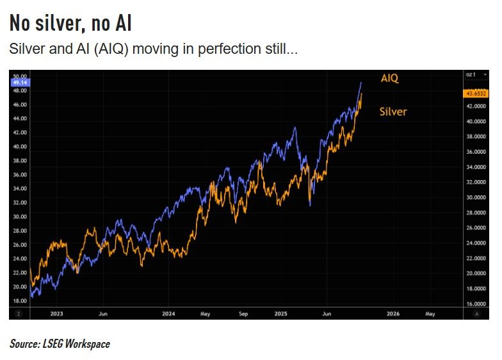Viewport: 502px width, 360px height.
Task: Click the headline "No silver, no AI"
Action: (x=70, y=24)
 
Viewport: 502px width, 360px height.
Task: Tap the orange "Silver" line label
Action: (x=393, y=111)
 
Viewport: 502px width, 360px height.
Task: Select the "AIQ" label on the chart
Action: (x=390, y=78)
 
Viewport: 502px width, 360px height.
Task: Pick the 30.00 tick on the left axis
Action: (x=19, y=217)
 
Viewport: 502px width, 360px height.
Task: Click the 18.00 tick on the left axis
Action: (x=19, y=300)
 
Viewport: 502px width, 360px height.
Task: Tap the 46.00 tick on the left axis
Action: (x=19, y=104)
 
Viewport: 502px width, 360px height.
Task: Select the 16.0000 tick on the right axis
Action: (x=474, y=304)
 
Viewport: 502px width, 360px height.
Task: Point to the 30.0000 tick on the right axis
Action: (x=474, y=197)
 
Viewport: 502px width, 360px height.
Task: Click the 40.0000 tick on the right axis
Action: (x=474, y=121)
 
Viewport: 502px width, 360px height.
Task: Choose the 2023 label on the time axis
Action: (x=56, y=314)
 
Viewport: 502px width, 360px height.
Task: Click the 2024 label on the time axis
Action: (x=168, y=314)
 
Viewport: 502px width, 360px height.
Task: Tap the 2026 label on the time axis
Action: (x=393, y=314)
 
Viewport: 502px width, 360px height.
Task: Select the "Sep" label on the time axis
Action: (x=243, y=314)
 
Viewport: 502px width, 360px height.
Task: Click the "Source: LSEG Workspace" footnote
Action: (x=60, y=344)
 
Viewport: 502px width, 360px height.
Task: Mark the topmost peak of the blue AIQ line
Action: (x=361, y=83)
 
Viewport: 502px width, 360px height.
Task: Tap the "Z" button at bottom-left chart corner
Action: (x=18, y=314)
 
